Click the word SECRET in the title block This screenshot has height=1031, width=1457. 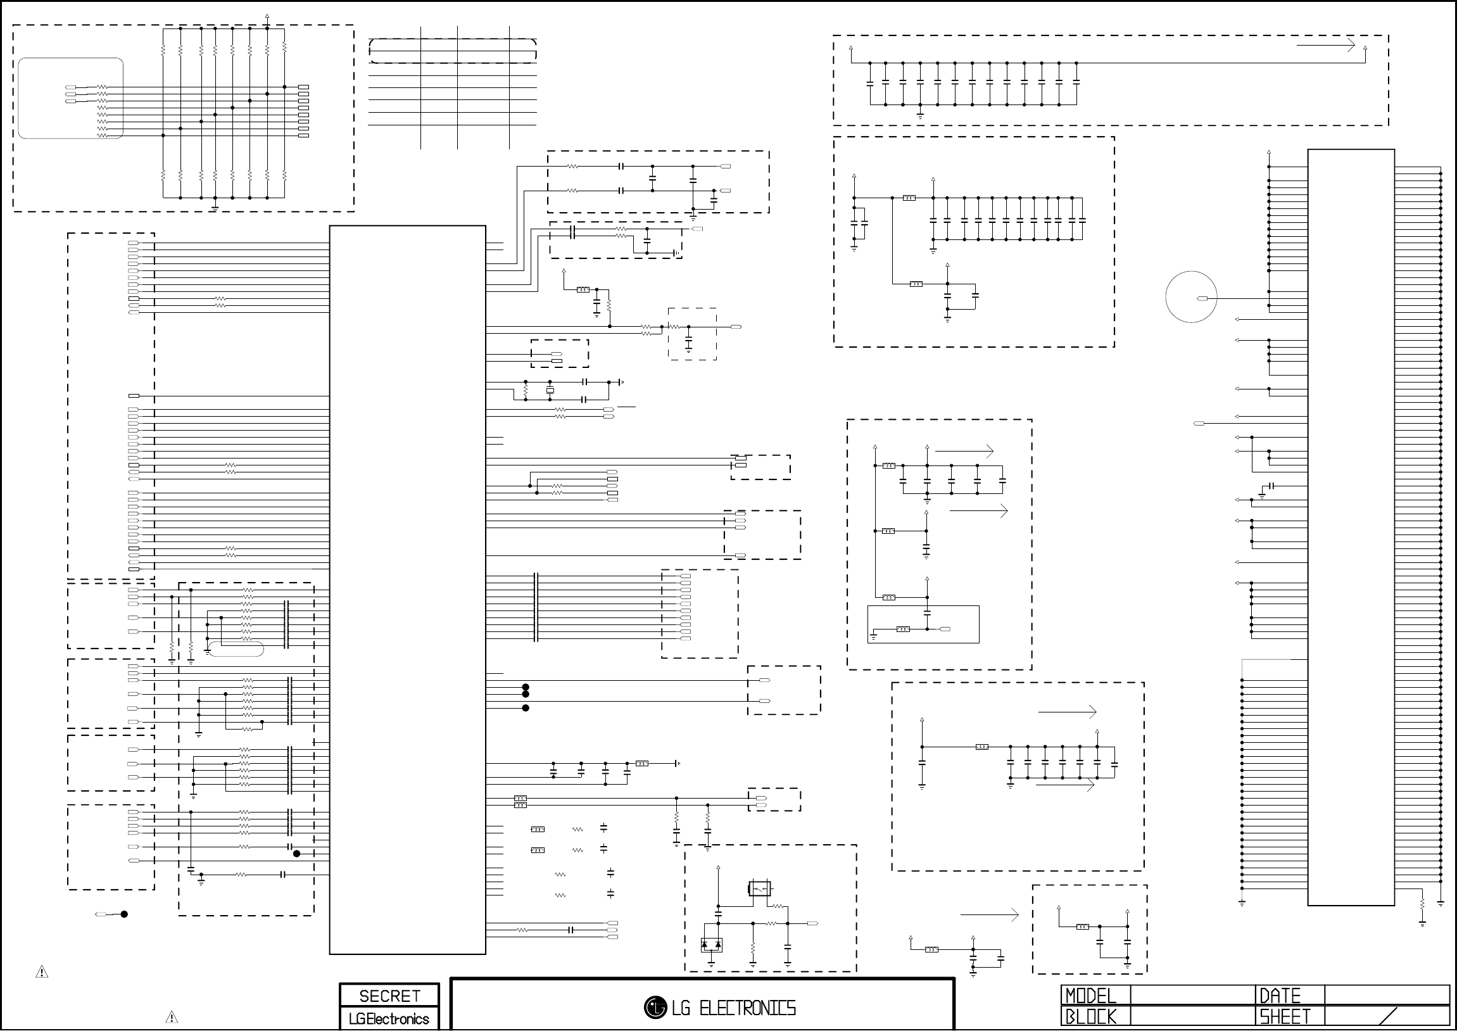(389, 996)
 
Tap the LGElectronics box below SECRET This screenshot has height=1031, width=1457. (389, 1019)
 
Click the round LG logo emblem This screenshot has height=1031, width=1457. (655, 1007)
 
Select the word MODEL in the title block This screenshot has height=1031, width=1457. (1090, 996)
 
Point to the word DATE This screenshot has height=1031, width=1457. (1280, 996)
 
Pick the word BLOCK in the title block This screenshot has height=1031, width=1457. (1090, 1017)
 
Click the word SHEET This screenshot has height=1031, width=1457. (1285, 1017)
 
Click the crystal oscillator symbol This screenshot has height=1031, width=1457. (550, 390)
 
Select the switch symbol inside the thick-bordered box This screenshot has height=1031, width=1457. (760, 888)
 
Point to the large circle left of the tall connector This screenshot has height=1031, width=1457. (1191, 297)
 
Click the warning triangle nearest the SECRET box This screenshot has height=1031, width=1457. (172, 1017)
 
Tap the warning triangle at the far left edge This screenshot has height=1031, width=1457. (42, 972)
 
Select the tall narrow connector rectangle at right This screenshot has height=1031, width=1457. (1351, 527)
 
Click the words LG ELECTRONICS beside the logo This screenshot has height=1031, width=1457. (734, 1008)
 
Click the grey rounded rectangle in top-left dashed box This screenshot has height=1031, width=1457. (70, 98)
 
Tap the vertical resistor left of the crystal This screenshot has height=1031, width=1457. (526, 391)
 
